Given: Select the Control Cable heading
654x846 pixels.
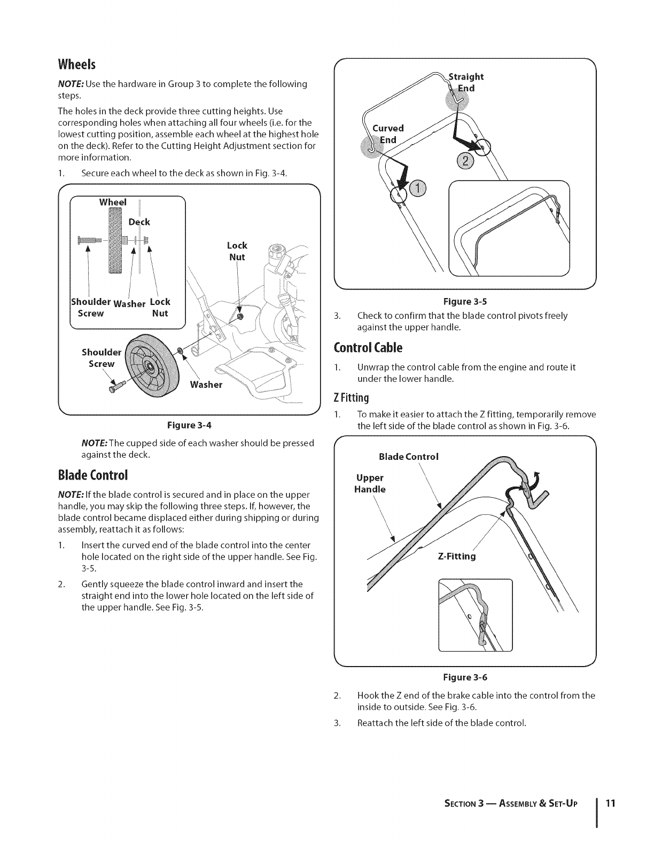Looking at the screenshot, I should (x=368, y=348).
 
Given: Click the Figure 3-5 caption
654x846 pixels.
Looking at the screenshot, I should (x=464, y=301).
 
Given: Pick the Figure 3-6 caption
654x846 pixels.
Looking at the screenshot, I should (x=464, y=677).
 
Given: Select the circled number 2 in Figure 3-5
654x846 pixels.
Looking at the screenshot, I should (x=463, y=161).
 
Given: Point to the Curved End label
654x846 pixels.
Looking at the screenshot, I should (x=387, y=134).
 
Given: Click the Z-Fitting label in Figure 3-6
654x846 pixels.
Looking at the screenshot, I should (x=456, y=557).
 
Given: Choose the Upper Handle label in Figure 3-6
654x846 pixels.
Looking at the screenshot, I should (x=371, y=483).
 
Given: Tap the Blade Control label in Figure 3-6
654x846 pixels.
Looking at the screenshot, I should (x=408, y=457).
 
